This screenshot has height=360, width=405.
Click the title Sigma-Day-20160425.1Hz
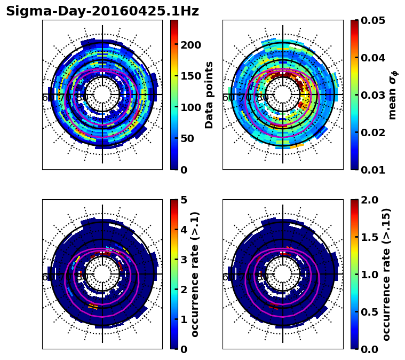click(102, 11)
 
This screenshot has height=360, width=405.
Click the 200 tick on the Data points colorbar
click(190, 44)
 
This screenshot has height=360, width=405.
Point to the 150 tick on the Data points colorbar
click(190, 76)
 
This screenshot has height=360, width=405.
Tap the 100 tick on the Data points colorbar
click(190, 107)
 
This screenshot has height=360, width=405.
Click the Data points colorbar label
click(209, 95)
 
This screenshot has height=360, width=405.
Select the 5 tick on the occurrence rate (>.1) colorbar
click(184, 200)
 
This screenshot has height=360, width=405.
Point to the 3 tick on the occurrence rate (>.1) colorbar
click(184, 260)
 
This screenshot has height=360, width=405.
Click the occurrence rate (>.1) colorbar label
click(195, 274)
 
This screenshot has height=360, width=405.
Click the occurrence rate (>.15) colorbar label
click(386, 274)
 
